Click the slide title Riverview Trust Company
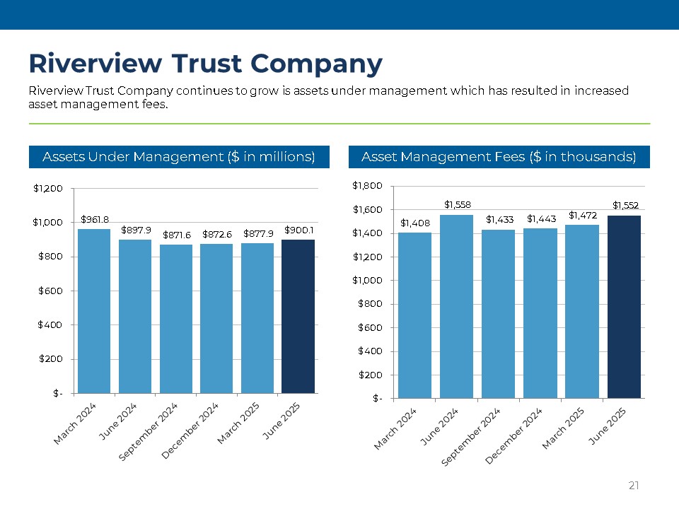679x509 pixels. tap(205, 64)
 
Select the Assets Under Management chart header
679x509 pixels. tap(179, 157)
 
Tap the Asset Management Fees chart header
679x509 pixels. tap(499, 157)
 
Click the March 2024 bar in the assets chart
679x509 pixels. tap(93, 311)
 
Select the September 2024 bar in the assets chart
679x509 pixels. tap(176, 320)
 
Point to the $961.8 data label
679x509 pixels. tap(94, 220)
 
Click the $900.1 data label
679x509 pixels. tap(298, 230)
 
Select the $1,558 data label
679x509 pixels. tap(457, 205)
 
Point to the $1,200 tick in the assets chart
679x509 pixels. tap(48, 189)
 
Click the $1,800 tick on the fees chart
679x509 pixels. tap(368, 186)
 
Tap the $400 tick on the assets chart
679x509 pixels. tap(50, 325)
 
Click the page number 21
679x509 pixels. tap(634, 486)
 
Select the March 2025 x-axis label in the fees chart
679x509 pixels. tap(563, 429)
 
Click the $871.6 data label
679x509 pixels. tap(176, 235)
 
